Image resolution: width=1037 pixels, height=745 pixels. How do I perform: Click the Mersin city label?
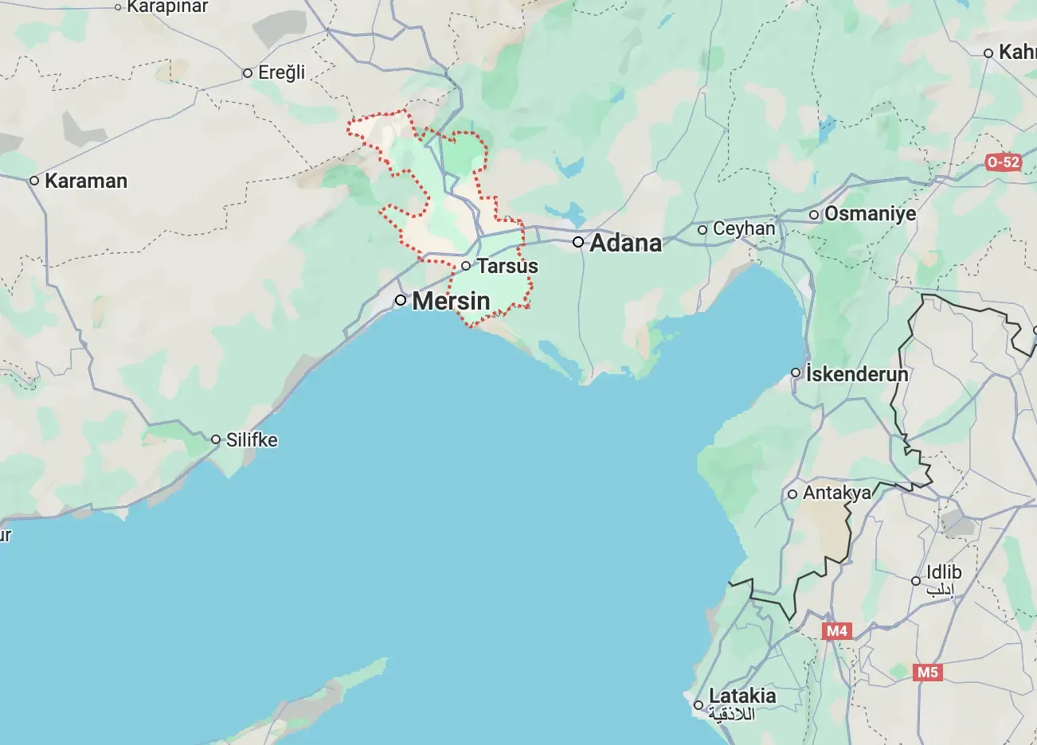(451, 301)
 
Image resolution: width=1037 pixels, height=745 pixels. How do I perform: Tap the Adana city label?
(625, 243)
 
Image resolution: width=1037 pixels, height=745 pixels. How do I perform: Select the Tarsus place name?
(507, 266)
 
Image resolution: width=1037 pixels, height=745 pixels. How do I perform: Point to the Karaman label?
(86, 181)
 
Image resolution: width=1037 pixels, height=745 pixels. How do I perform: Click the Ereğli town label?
(282, 72)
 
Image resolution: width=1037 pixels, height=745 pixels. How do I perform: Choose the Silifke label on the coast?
(252, 439)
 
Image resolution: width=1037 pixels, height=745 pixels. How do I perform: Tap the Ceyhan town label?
(744, 229)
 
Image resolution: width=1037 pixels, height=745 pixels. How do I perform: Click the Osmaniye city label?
(870, 214)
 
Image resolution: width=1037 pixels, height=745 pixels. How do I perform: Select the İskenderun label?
(857, 373)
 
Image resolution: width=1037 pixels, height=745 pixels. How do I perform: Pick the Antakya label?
(836, 493)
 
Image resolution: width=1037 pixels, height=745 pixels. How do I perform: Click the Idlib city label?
(944, 572)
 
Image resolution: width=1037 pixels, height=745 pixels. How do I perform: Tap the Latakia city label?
(742, 696)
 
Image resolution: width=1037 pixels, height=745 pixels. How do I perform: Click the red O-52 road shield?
(1003, 162)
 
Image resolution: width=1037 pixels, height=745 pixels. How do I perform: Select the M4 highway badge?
(836, 631)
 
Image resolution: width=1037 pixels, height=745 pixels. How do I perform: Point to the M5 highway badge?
(927, 673)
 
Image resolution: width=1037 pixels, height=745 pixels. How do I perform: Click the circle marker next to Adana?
(578, 242)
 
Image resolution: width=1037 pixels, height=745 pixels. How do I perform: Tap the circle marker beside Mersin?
(401, 300)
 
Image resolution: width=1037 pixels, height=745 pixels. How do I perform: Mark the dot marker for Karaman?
(34, 181)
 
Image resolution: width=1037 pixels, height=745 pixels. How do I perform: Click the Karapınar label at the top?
(167, 7)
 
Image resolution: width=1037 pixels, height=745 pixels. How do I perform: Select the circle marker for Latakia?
(699, 705)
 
